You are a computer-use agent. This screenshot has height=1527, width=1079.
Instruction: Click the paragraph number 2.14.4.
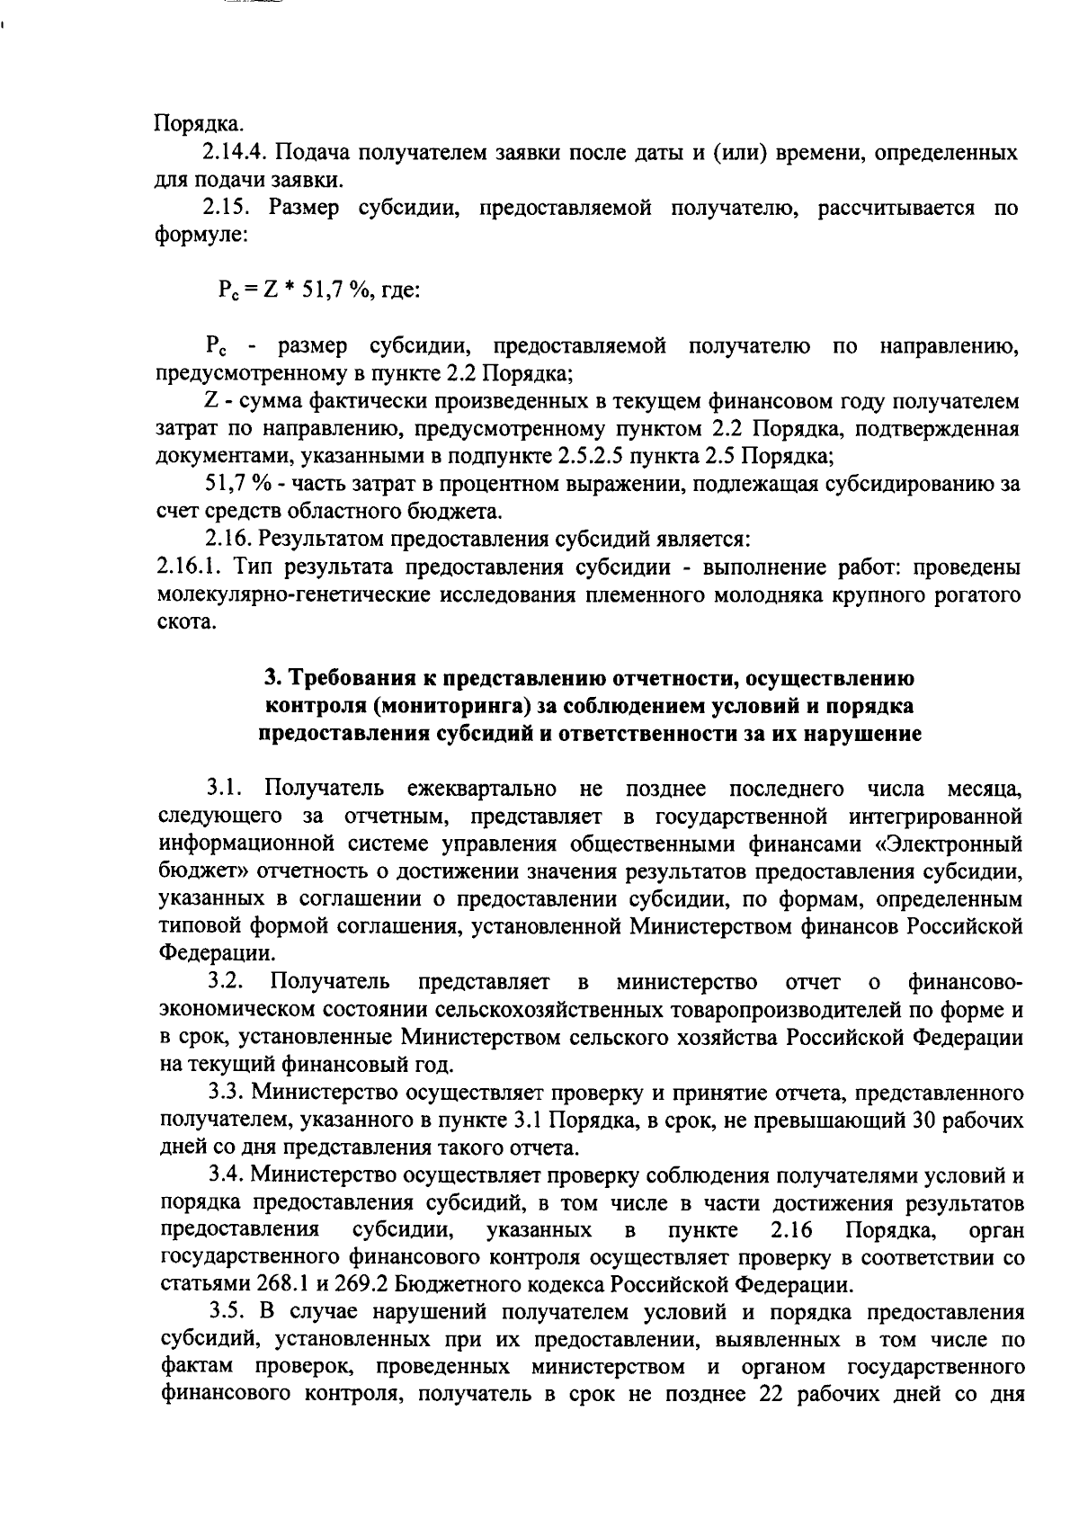click(x=236, y=152)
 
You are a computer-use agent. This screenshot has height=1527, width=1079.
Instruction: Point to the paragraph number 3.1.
click(x=226, y=790)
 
